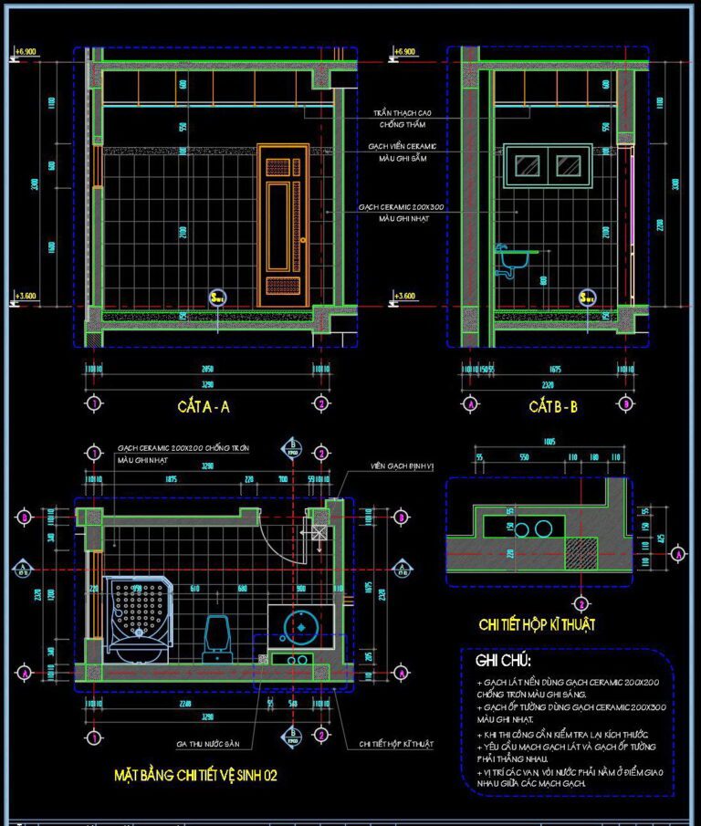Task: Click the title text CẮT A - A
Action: pyautogui.click(x=204, y=407)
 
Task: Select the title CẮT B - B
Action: pyautogui.click(x=552, y=407)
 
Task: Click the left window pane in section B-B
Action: pyautogui.click(x=527, y=165)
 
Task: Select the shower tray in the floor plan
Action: pyautogui.click(x=135, y=618)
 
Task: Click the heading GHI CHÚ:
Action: pyautogui.click(x=503, y=660)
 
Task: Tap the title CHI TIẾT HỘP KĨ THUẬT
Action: pyautogui.click(x=537, y=625)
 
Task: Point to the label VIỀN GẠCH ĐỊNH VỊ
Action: pyautogui.click(x=403, y=465)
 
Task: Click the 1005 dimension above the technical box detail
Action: pyautogui.click(x=548, y=441)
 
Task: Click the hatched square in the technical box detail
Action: pyautogui.click(x=581, y=553)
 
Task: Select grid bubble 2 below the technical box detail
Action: pyautogui.click(x=581, y=603)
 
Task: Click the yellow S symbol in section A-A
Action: pyautogui.click(x=217, y=297)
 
